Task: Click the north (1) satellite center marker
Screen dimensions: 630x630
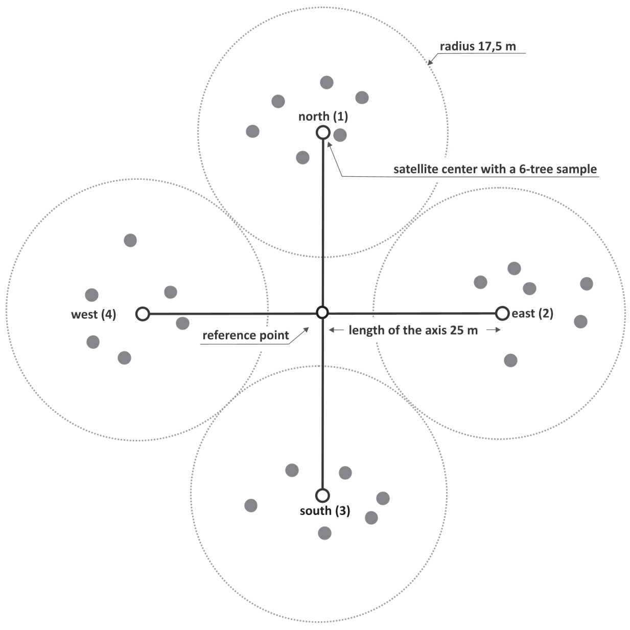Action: click(323, 133)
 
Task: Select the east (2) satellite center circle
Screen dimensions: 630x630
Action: click(502, 313)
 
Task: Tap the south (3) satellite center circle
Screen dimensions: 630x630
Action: click(322, 495)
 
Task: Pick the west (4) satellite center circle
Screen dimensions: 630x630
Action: click(143, 313)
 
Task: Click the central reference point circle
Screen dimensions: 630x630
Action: click(322, 313)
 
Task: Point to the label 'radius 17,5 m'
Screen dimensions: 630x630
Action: click(478, 46)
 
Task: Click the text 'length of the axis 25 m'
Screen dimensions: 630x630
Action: click(413, 330)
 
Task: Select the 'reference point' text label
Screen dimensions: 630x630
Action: click(246, 335)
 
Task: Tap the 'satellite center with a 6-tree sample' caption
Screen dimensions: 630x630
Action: click(495, 169)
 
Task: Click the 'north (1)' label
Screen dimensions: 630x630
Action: click(323, 116)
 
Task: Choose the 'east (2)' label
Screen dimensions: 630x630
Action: click(532, 313)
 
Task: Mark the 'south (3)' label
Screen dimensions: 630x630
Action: click(325, 510)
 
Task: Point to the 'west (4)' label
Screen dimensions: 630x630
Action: click(94, 314)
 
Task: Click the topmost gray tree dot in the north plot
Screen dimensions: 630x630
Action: click(326, 82)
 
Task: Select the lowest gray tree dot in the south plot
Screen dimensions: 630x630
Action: click(324, 533)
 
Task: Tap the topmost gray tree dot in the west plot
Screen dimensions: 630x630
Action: click(130, 240)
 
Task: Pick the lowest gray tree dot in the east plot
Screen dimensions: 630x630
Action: click(510, 360)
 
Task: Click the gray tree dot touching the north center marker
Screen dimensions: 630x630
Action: click(340, 135)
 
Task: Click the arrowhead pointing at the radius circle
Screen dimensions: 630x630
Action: click(430, 63)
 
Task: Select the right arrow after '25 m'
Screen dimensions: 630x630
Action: click(493, 330)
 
